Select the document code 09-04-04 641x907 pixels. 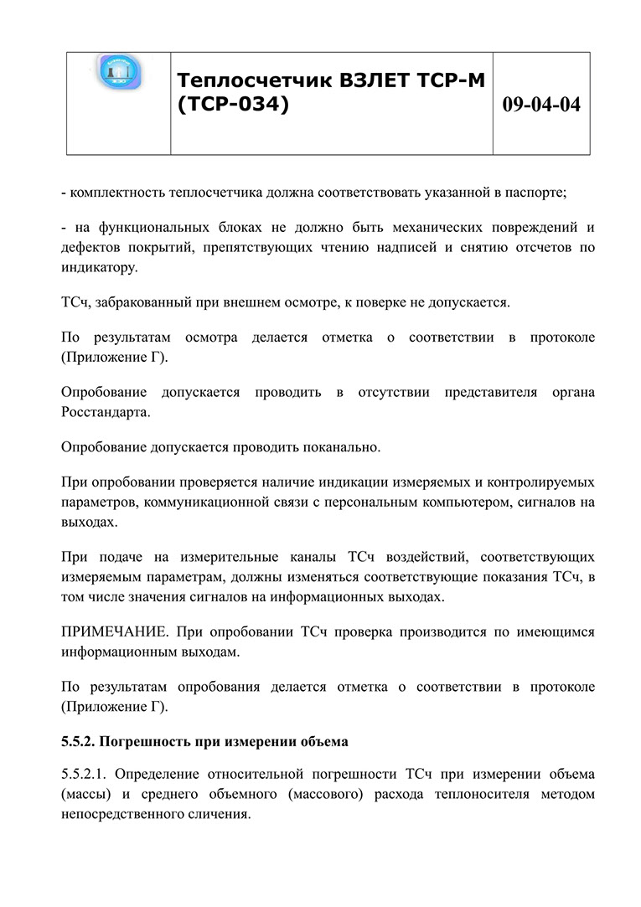540,105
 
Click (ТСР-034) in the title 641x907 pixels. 233,106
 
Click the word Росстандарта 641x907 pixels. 106,412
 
